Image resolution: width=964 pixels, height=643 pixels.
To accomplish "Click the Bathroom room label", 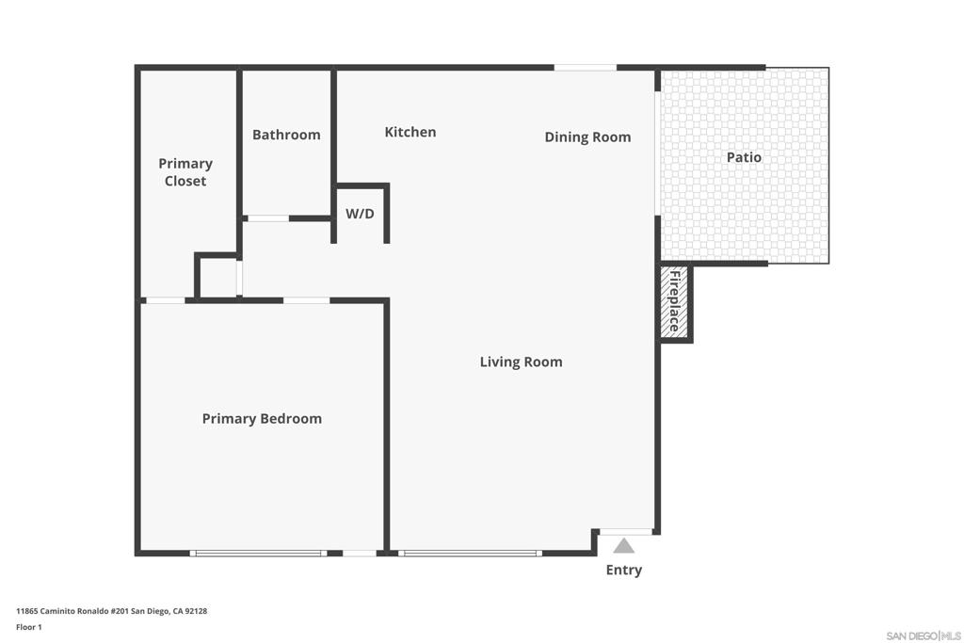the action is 286,135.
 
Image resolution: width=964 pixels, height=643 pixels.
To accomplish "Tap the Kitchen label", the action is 410,132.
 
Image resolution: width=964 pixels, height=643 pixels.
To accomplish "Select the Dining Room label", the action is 587,137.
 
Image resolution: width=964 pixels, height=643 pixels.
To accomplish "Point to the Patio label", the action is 744,157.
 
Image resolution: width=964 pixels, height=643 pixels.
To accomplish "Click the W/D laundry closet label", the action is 360,214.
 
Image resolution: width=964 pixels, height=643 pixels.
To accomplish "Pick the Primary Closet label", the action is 185,172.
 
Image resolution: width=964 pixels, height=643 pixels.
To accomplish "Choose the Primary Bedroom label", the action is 262,419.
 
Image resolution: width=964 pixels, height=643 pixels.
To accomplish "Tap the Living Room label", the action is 522,362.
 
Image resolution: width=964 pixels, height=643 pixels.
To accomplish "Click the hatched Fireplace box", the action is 674,302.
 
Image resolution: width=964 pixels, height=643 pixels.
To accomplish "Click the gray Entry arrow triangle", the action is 623,546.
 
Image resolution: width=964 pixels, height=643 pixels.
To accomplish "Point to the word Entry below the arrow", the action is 624,570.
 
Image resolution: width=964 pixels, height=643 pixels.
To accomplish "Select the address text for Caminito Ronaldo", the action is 111,611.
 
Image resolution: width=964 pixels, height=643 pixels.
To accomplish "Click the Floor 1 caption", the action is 29,627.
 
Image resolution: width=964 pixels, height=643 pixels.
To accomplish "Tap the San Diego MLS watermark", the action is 924,635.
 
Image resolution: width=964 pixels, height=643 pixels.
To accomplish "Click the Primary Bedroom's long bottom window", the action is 258,554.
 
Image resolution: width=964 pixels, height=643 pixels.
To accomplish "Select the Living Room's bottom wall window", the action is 471,554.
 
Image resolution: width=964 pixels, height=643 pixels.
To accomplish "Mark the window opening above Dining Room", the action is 586,68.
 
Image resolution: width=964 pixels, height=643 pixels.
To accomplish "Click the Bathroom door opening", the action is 268,218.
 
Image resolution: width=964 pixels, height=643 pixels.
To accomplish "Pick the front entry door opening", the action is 626,532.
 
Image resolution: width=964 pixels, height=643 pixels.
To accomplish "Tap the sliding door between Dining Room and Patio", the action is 657,153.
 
